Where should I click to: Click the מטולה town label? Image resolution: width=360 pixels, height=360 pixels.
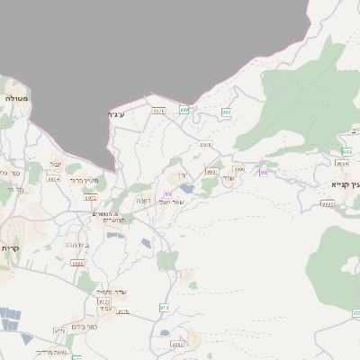(x=16, y=97)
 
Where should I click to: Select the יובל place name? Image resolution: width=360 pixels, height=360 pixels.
(x=57, y=164)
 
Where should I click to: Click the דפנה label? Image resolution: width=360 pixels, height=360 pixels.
(x=143, y=200)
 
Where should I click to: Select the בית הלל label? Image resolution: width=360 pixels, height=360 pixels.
(x=76, y=243)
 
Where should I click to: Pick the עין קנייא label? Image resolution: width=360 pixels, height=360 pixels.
(x=344, y=183)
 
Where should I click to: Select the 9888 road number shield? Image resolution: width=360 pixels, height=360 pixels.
(x=77, y=263)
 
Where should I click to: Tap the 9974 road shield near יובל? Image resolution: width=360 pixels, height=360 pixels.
(x=53, y=179)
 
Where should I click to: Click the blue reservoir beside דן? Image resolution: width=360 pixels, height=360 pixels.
(x=186, y=188)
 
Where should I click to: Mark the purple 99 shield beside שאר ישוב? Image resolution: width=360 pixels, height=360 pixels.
(x=168, y=193)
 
